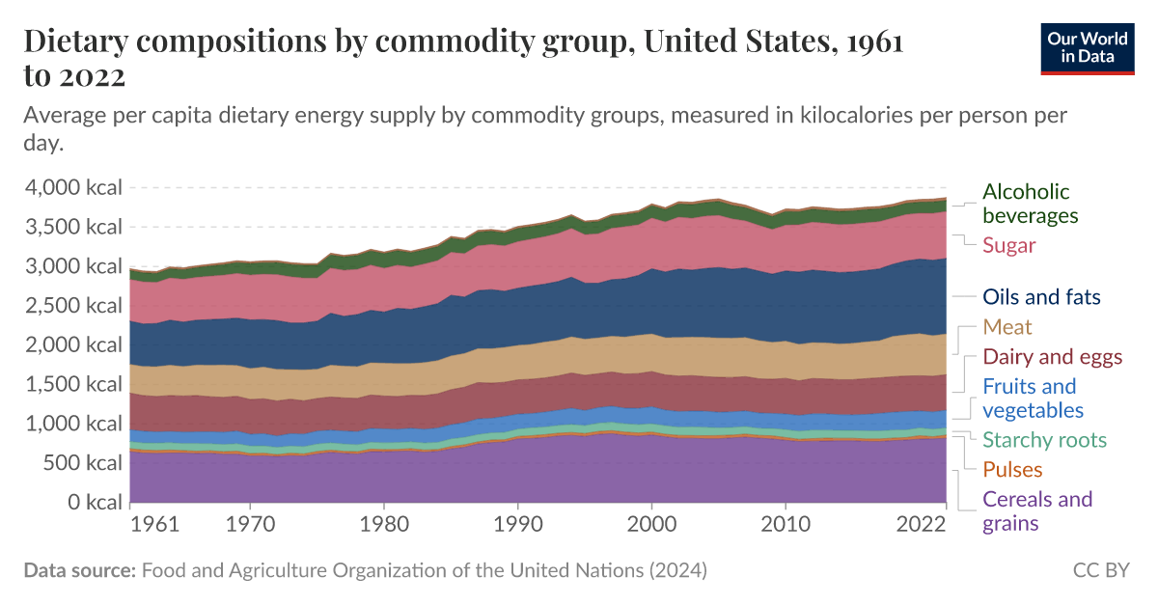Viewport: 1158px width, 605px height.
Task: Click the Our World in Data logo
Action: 1087,47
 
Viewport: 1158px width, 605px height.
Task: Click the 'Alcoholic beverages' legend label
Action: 1030,204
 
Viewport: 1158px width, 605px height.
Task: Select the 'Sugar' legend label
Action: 1008,245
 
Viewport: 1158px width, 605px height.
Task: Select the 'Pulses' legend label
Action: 1012,470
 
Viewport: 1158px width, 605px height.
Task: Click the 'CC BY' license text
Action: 1100,570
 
